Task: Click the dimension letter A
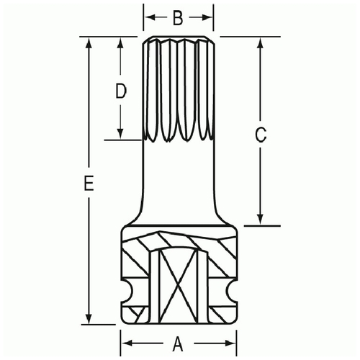click(x=178, y=343)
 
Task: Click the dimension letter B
click(x=178, y=18)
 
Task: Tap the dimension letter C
click(x=261, y=135)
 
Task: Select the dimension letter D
click(x=121, y=91)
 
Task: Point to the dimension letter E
click(x=89, y=183)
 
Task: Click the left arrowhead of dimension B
click(x=150, y=17)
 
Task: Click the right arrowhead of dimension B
click(x=207, y=17)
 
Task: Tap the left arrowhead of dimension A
click(x=127, y=343)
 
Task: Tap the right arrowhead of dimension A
click(x=230, y=343)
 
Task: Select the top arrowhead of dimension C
click(x=260, y=42)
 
